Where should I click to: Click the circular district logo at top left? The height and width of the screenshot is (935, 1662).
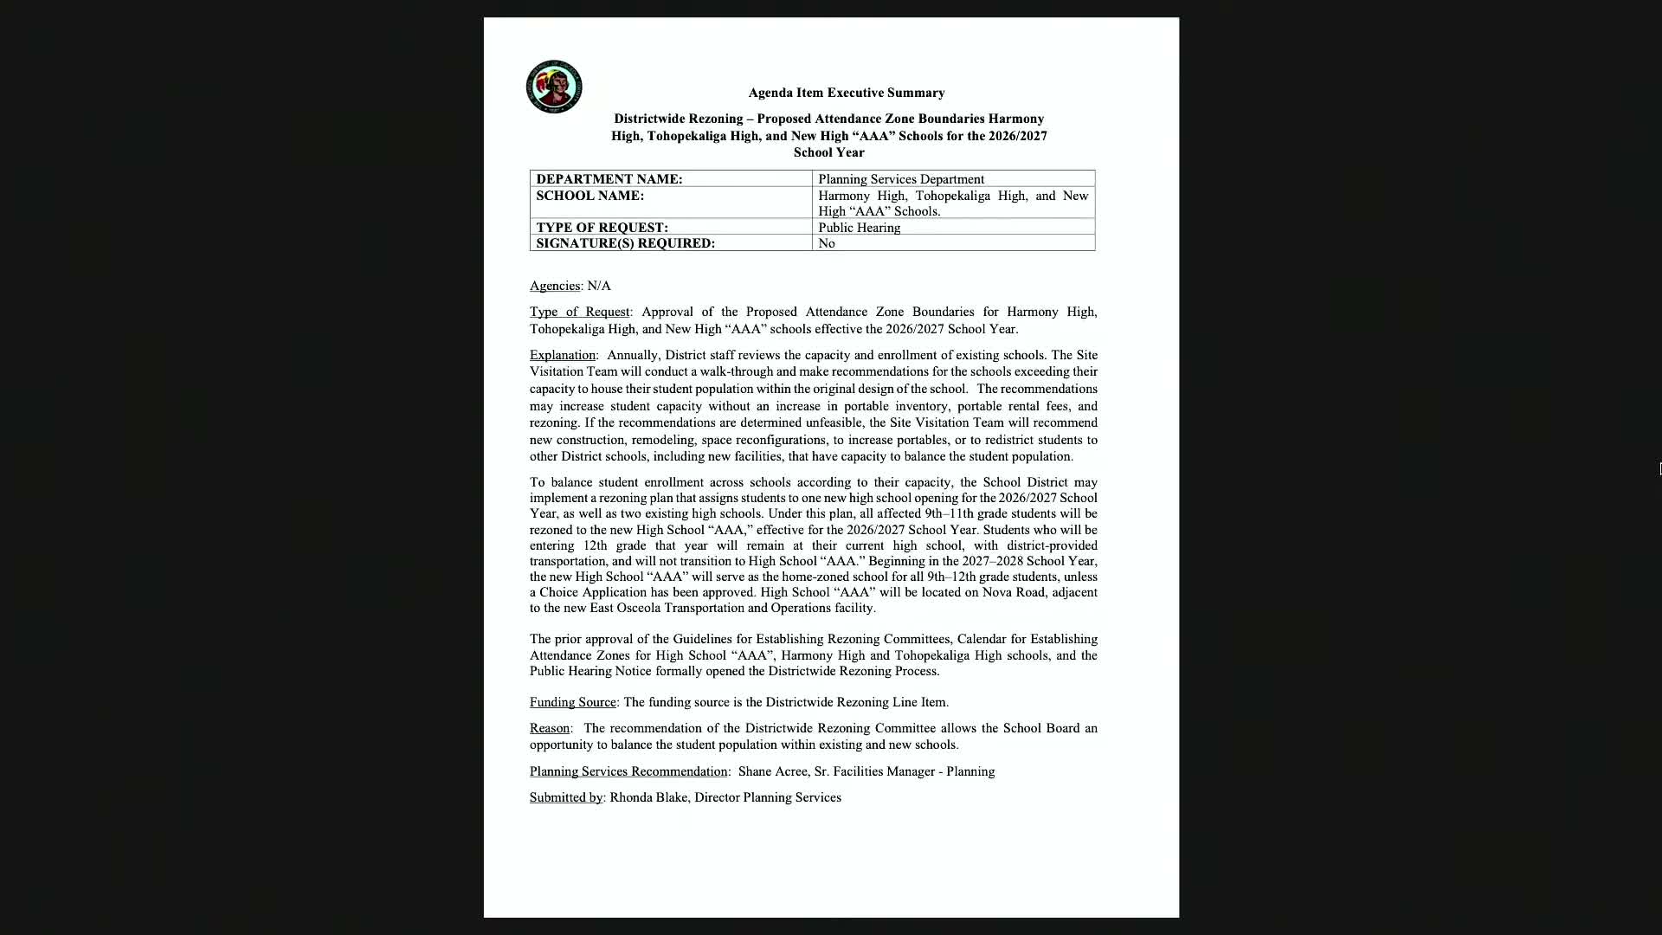click(554, 87)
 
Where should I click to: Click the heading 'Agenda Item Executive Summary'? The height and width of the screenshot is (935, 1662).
click(846, 93)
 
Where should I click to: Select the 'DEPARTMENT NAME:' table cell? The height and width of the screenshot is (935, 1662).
click(609, 179)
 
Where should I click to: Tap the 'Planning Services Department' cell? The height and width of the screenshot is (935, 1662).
click(900, 179)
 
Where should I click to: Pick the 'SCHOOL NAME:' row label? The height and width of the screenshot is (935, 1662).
click(589, 196)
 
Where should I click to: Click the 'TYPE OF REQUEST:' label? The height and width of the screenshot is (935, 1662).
click(602, 228)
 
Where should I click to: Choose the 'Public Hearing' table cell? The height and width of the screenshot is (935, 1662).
click(859, 228)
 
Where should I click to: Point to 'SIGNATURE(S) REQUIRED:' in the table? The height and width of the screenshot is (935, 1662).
click(625, 243)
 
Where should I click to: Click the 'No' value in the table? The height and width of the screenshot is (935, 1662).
click(827, 243)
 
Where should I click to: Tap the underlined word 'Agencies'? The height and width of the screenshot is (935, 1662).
click(554, 286)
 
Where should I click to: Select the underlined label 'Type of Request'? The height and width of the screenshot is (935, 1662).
click(579, 312)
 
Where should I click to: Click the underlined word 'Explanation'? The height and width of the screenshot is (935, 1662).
click(563, 355)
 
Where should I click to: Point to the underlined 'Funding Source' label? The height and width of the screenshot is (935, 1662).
click(572, 702)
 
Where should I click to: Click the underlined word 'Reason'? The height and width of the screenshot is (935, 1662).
click(550, 728)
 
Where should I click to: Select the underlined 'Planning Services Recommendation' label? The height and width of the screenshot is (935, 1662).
click(628, 771)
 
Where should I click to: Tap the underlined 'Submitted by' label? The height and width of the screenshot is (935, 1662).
click(566, 797)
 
